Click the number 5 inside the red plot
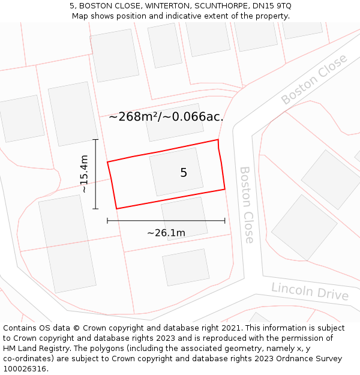point(184,173)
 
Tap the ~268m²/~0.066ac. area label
point(166,117)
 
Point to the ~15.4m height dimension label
point(85,174)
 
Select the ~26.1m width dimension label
point(166,233)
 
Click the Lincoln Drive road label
point(310,291)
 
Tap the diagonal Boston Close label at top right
point(314,79)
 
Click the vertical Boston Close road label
point(247,205)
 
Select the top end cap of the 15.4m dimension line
point(95,140)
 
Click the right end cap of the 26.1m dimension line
point(225,221)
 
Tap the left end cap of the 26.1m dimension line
point(107,221)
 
